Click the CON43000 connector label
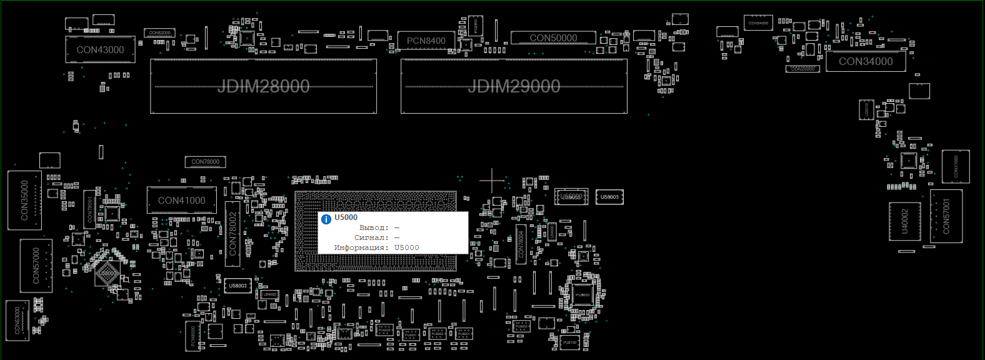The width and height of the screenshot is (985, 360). pyautogui.click(x=100, y=50)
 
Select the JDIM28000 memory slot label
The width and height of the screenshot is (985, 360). pyautogui.click(x=263, y=86)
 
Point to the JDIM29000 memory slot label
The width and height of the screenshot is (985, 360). pyautogui.click(x=514, y=86)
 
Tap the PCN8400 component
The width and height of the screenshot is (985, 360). pyautogui.click(x=426, y=41)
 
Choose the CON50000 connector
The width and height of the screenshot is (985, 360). pyautogui.click(x=553, y=38)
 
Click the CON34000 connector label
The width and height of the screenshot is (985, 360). pyautogui.click(x=866, y=61)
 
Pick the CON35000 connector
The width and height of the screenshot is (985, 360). pyautogui.click(x=25, y=200)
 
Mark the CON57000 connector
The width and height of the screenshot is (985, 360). pyautogui.click(x=36, y=266)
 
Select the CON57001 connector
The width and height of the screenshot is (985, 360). pyautogui.click(x=946, y=216)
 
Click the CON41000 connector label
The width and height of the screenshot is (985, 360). pyautogui.click(x=181, y=201)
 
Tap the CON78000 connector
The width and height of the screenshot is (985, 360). pyautogui.click(x=205, y=162)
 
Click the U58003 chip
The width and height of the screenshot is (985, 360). pyautogui.click(x=609, y=197)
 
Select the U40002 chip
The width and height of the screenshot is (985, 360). pyautogui.click(x=904, y=221)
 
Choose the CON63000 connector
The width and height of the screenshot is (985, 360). pyautogui.click(x=17, y=320)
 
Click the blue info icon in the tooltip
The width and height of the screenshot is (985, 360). pyautogui.click(x=326, y=219)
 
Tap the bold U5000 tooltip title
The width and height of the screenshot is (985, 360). pyautogui.click(x=346, y=217)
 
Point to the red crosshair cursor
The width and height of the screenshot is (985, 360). pyautogui.click(x=492, y=180)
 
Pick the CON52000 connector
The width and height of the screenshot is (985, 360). pyautogui.click(x=159, y=33)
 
